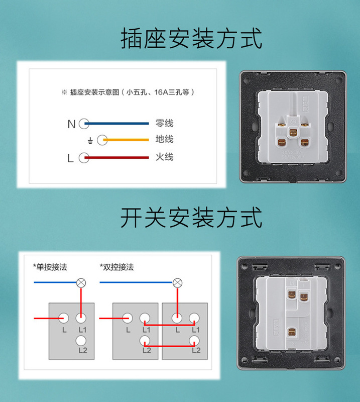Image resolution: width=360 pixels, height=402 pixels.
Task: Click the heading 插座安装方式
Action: (191, 39)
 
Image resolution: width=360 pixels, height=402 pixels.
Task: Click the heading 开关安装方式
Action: (191, 219)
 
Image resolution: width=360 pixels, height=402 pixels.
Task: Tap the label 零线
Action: (164, 123)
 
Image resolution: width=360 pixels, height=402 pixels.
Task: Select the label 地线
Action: (164, 139)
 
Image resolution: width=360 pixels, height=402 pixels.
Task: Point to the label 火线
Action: (164, 157)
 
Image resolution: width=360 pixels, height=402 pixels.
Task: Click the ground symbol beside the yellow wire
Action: (90, 141)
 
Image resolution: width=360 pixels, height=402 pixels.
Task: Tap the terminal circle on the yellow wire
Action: (102, 140)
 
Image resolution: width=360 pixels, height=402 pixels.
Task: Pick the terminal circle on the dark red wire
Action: (84, 158)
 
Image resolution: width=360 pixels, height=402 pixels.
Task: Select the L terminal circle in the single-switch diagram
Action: (64, 318)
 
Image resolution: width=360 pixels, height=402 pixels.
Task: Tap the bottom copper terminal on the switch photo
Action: (290, 332)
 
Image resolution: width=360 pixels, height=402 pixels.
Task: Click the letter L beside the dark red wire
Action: (70, 158)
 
